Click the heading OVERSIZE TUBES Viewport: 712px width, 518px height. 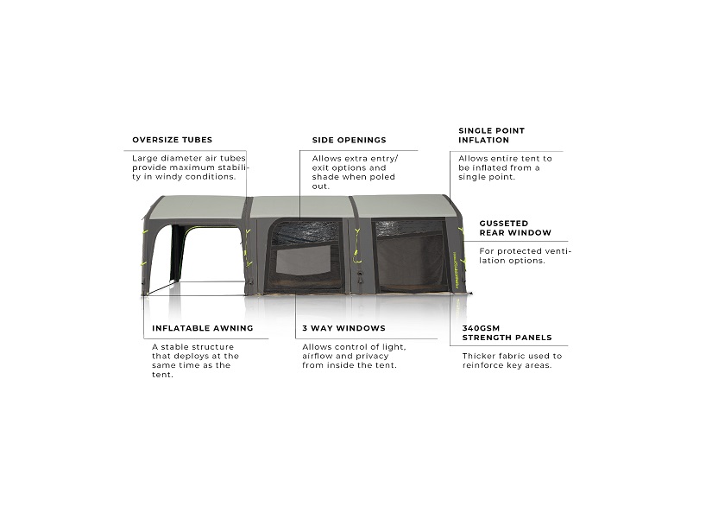(x=172, y=140)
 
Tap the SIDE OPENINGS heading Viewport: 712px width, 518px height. (x=350, y=140)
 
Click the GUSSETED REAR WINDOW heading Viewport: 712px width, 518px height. (x=515, y=228)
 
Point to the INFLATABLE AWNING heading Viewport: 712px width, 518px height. (x=203, y=328)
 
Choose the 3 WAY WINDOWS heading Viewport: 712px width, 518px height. (x=343, y=328)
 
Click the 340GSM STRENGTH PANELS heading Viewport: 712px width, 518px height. (x=507, y=333)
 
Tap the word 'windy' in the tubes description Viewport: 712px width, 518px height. (x=168, y=177)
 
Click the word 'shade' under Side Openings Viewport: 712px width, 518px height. (x=324, y=177)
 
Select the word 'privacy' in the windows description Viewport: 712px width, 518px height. (x=372, y=357)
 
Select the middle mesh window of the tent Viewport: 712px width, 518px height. (x=303, y=256)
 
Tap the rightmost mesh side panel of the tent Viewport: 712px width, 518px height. (x=409, y=256)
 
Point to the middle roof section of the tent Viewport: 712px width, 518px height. (x=303, y=206)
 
